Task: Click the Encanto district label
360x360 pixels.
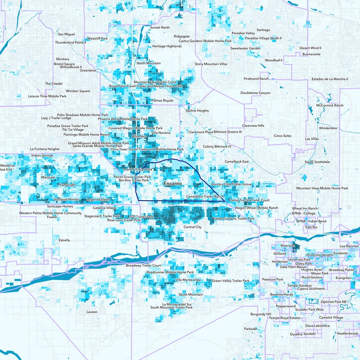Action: (173, 184)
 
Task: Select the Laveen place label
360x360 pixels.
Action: (92, 311)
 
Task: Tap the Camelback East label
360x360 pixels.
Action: (237, 161)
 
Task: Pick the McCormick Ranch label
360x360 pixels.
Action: (330, 105)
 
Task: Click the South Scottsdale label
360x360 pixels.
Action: (317, 162)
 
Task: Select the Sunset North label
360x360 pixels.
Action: (160, 27)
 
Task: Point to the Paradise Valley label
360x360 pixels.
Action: (243, 33)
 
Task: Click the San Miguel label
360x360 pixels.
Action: (67, 34)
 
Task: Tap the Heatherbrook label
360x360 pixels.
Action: (347, 333)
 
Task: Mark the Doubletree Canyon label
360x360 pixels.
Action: (256, 93)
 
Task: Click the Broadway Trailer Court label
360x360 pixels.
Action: (143, 265)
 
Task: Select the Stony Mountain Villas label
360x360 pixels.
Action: (211, 64)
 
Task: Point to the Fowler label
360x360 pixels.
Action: (52, 217)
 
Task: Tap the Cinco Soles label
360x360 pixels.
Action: (283, 135)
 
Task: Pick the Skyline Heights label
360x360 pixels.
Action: (197, 110)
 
